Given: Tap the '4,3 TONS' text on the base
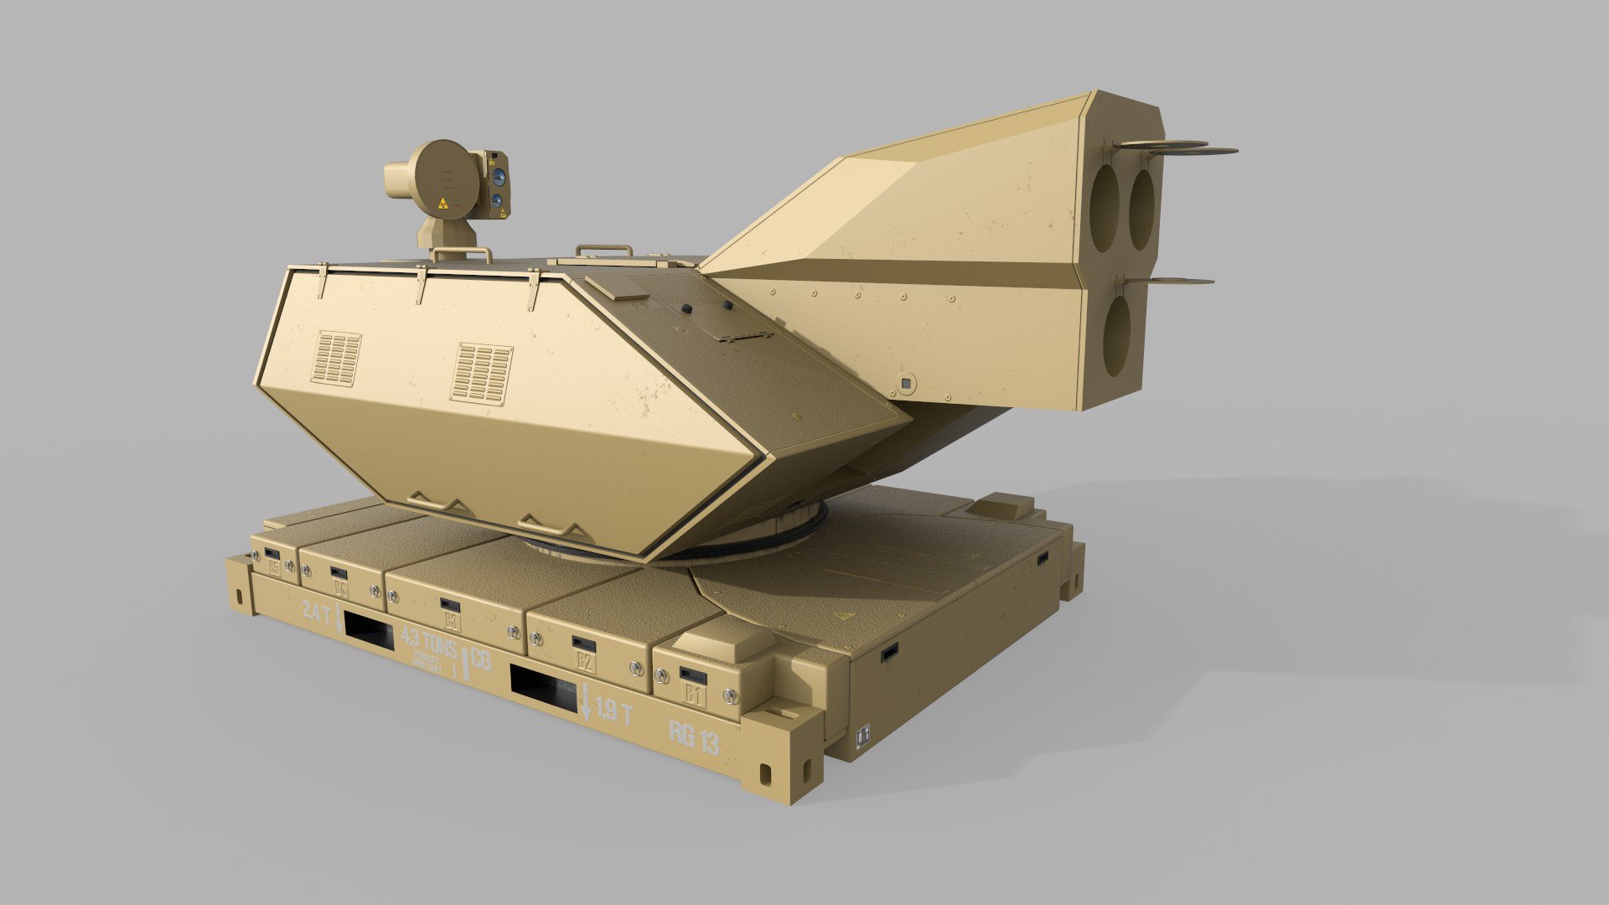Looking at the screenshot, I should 430,644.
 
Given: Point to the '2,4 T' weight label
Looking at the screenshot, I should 316,613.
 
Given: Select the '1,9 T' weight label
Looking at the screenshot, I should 613,711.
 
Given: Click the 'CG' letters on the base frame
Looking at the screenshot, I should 480,659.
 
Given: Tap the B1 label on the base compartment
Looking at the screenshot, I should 693,694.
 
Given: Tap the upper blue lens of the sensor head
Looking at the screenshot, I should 499,177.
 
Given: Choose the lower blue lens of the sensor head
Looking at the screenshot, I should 498,200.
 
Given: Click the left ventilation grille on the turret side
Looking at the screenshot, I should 336,359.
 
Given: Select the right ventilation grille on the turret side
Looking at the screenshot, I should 481,374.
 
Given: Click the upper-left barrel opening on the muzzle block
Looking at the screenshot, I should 1104,209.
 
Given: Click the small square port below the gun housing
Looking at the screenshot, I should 905,383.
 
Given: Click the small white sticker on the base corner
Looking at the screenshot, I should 863,735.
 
